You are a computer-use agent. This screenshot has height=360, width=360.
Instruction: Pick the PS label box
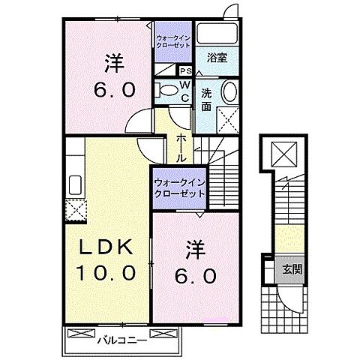184,71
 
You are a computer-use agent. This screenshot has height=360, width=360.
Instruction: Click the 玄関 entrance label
292,269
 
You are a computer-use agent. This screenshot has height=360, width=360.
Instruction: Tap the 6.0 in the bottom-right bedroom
197,276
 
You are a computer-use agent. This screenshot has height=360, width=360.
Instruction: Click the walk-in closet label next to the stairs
179,187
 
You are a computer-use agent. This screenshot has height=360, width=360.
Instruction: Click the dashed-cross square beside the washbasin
226,118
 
